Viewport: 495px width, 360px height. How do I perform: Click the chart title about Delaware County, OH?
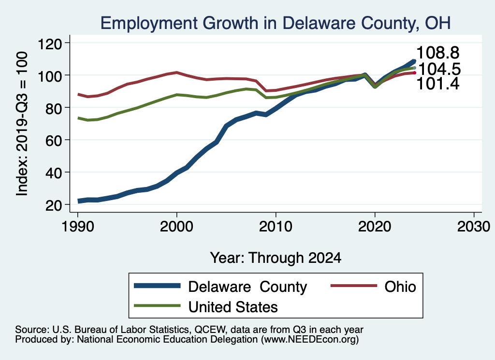pos(275,23)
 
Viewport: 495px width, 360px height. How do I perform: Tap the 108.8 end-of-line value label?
pos(438,52)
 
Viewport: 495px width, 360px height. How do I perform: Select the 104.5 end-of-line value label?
pos(438,69)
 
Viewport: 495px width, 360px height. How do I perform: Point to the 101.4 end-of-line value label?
pos(438,84)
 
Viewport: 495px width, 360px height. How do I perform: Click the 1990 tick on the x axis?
pos(77,227)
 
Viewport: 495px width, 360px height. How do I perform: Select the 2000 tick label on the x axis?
pos(176,227)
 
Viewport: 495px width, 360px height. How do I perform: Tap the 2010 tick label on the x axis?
pos(276,227)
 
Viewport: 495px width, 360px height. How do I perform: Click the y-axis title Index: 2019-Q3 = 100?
pos(22,124)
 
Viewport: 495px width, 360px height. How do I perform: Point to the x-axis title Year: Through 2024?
pos(276,258)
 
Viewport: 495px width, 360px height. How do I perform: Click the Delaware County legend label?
pos(247,287)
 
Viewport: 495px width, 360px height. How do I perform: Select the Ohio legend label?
pos(400,287)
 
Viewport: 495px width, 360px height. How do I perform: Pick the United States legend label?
pos(233,306)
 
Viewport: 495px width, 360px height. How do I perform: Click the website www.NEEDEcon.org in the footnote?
pos(309,340)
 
